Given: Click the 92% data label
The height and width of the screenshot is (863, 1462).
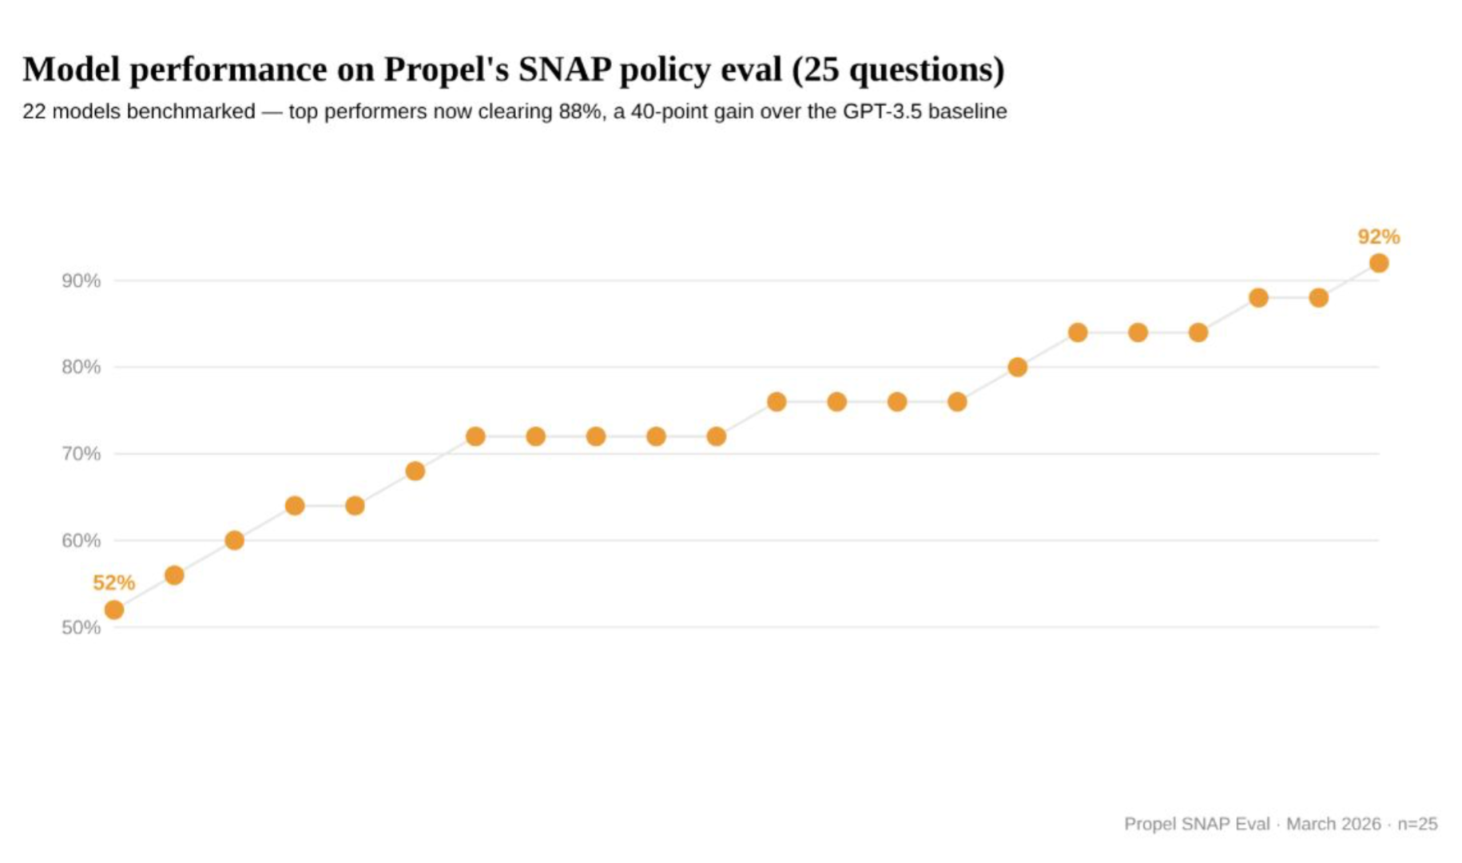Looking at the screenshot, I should (1378, 237).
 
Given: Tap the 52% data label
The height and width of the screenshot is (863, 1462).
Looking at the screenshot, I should (113, 583).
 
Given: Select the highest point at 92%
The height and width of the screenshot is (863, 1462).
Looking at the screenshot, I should (1378, 263).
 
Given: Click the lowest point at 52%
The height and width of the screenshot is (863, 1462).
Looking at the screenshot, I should (114, 610).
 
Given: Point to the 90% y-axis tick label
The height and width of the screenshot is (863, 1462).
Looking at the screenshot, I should (81, 280).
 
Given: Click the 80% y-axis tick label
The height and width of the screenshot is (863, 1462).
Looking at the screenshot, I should (81, 367).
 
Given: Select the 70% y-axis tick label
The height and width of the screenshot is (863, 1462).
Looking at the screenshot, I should (81, 454).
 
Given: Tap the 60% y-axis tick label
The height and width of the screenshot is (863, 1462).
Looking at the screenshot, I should (81, 540).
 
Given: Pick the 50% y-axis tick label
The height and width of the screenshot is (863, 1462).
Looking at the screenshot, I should (81, 627).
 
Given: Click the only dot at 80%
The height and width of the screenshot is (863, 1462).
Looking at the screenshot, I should (1017, 367).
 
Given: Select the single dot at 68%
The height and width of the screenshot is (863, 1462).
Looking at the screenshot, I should (415, 471).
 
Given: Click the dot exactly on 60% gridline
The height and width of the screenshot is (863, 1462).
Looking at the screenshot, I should (234, 540).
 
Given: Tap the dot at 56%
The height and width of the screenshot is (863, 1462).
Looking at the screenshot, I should (174, 575).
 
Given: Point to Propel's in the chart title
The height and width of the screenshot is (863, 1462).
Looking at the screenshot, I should (446, 70).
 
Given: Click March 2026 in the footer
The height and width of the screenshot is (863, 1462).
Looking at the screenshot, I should (1333, 823).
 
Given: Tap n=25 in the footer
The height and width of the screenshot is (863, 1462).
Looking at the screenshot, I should (1416, 823).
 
